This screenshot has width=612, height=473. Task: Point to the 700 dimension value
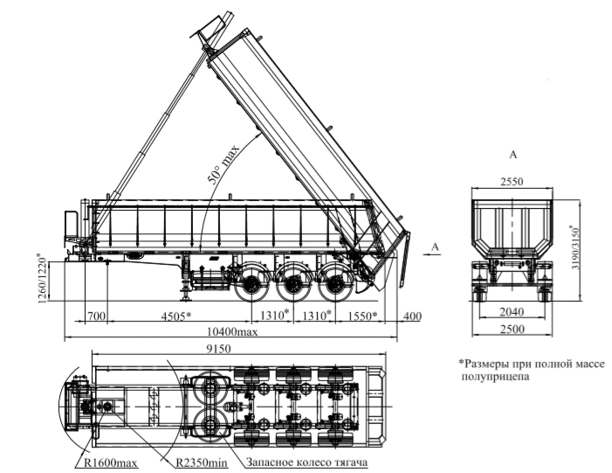coord(96,316)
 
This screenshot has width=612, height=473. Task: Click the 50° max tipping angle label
coord(223,163)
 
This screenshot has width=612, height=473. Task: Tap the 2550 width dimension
coord(513,184)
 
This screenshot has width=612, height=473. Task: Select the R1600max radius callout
coord(114,462)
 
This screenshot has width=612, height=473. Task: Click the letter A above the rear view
coord(512,154)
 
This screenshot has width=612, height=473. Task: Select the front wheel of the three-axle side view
coord(253,286)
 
